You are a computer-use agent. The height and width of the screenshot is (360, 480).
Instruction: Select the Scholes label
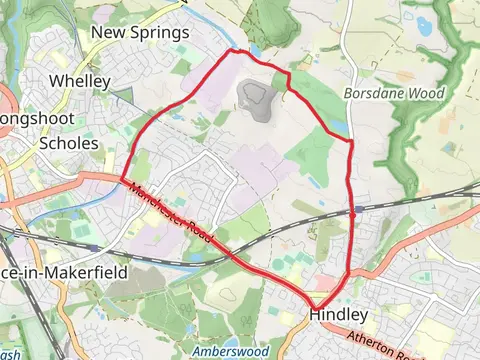coord(68,143)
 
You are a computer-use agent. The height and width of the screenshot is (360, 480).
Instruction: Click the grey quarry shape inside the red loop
coord(256,100)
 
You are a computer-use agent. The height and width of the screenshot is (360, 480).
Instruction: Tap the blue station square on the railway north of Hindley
coord(356,211)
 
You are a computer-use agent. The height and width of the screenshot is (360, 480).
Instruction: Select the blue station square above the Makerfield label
coord(92,247)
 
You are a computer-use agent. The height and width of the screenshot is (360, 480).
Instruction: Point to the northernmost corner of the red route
coord(235,49)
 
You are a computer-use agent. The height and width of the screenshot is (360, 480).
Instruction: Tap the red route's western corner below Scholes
coord(124,180)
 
